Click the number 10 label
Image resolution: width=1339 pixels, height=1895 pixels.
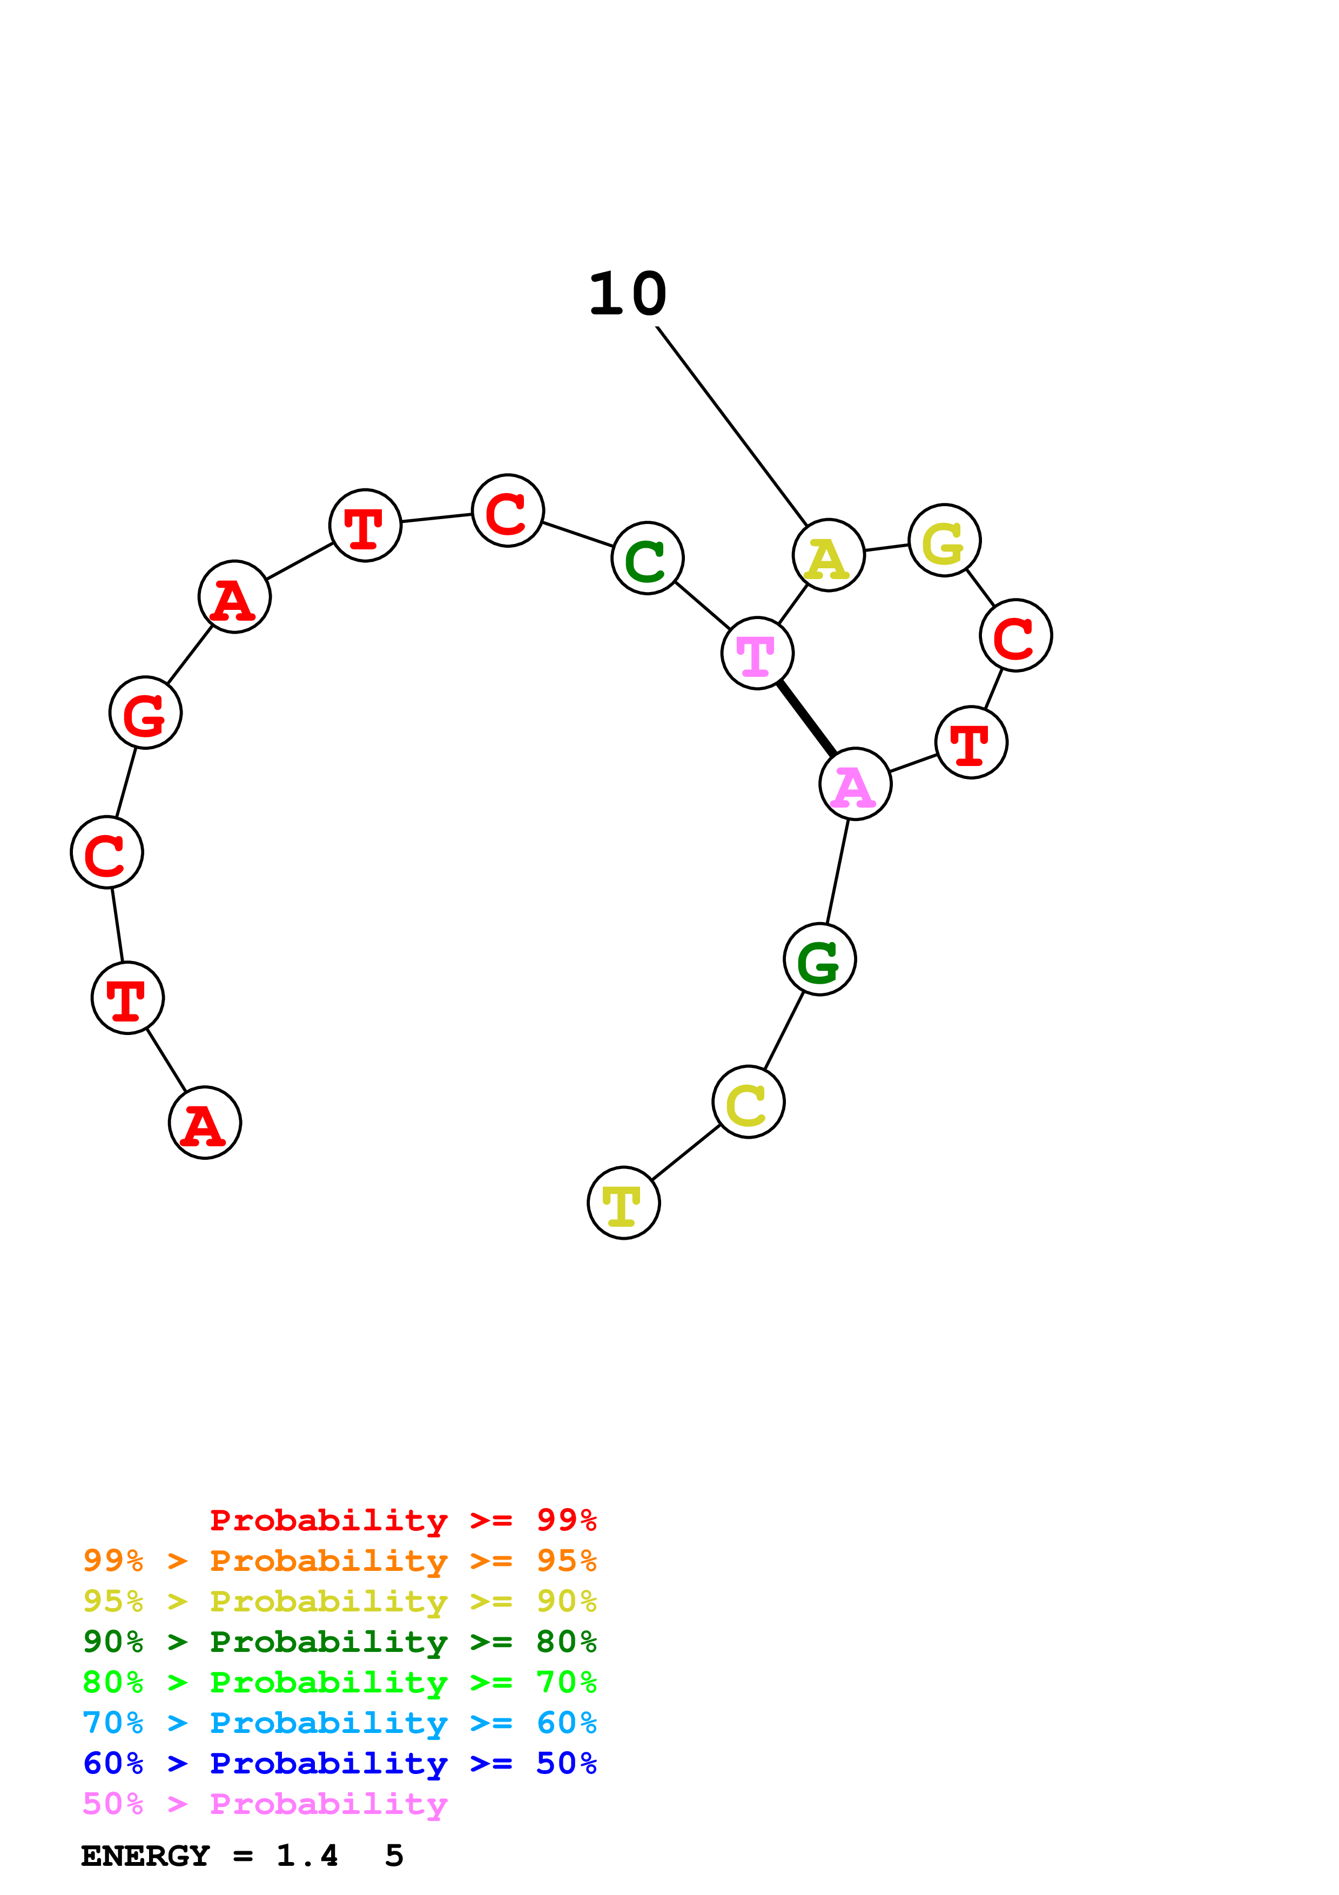[x=627, y=294]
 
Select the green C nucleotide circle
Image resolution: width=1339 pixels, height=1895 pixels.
[x=648, y=558]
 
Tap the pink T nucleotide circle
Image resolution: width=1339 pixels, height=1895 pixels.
[x=757, y=653]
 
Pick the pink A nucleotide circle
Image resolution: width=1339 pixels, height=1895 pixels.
[x=856, y=784]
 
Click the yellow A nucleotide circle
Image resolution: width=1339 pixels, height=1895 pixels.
[x=829, y=555]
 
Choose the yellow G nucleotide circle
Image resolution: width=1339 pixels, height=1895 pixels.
[x=945, y=541]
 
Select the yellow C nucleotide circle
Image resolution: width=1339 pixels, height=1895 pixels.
[x=748, y=1102]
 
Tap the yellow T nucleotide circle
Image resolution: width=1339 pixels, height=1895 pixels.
[x=624, y=1202]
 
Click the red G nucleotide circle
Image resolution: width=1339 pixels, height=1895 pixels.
[x=145, y=713]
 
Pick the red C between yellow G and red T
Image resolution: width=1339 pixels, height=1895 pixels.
[x=1015, y=635]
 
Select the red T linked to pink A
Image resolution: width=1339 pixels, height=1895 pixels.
[x=972, y=742]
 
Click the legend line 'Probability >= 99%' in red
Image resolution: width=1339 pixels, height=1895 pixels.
[x=402, y=1520]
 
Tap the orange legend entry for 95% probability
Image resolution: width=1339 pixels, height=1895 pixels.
[x=339, y=1561]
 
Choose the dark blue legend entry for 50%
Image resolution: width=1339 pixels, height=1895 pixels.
[x=339, y=1763]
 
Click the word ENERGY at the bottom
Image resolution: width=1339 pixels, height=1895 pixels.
[x=145, y=1856]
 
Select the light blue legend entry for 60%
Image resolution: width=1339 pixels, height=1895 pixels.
[x=339, y=1723]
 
